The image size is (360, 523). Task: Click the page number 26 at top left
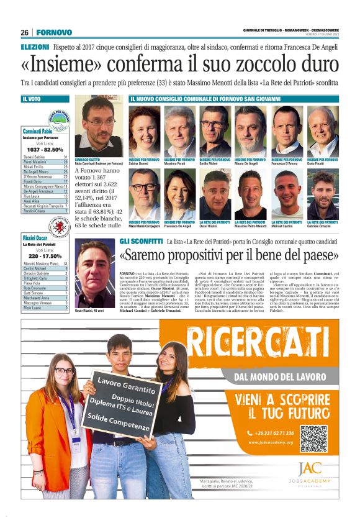[25, 32]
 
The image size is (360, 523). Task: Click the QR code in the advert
[314, 438]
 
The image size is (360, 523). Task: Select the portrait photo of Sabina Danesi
[144, 132]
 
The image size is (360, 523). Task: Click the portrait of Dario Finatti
[323, 132]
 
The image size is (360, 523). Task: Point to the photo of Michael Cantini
[287, 194]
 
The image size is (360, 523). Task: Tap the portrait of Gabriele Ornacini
[323, 194]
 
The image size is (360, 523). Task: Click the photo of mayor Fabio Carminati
[98, 126]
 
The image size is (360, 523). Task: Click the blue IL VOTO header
[45, 99]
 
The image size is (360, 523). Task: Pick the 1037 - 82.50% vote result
[45, 150]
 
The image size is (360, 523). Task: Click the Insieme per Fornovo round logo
[60, 118]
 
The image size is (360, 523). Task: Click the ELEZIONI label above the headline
[35, 47]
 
